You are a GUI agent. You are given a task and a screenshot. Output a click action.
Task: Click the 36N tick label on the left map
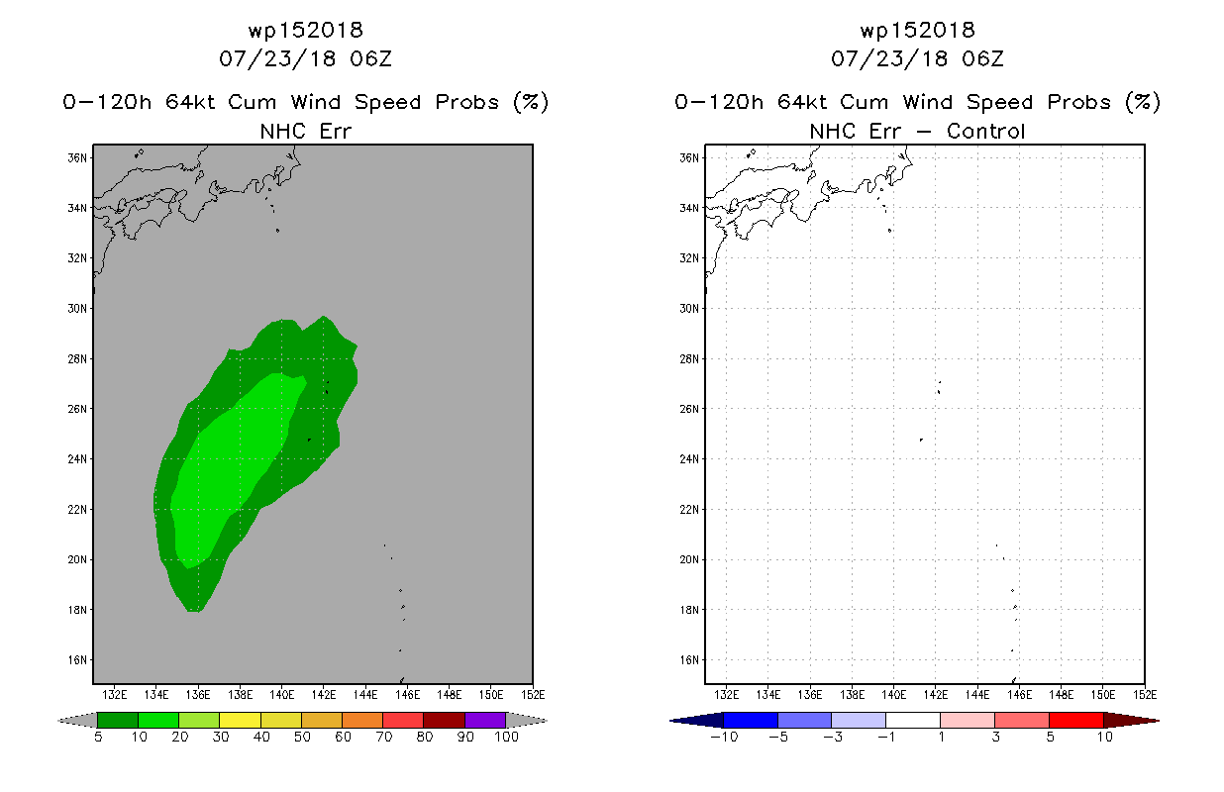[x=77, y=157]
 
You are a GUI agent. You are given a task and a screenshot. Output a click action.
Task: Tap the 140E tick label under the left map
[x=282, y=695]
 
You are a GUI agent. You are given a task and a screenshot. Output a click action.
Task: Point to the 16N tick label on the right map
[x=689, y=659]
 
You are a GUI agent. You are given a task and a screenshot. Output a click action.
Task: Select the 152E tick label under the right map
[x=1145, y=695]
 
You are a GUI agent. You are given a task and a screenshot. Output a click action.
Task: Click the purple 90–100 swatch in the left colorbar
[x=485, y=720]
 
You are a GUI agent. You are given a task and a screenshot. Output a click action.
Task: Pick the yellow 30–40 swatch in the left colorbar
[x=241, y=720]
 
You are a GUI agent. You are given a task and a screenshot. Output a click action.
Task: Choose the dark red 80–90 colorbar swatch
[x=445, y=720]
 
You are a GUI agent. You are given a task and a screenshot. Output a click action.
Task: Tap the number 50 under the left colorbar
[x=302, y=737]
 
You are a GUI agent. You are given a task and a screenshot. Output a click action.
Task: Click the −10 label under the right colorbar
[x=724, y=737]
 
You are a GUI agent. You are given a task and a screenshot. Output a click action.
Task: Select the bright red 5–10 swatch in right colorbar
[x=1076, y=720]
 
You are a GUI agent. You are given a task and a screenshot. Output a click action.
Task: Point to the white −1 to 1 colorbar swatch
[x=913, y=720]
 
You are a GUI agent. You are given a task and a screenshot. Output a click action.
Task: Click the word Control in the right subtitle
[x=985, y=131]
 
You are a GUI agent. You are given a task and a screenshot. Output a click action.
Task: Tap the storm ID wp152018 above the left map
[x=306, y=30]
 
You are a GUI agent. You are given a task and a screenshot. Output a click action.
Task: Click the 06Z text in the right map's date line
[x=983, y=58]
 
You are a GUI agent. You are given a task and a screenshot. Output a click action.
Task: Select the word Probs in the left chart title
[x=467, y=102]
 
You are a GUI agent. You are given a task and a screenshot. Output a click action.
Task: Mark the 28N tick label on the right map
[x=689, y=358]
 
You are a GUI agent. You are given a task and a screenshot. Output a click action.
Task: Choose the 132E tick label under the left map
[x=115, y=695]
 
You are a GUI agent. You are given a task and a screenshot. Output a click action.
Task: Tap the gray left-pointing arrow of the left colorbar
[x=77, y=721]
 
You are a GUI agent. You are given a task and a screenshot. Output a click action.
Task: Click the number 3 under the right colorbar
[x=995, y=737]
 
